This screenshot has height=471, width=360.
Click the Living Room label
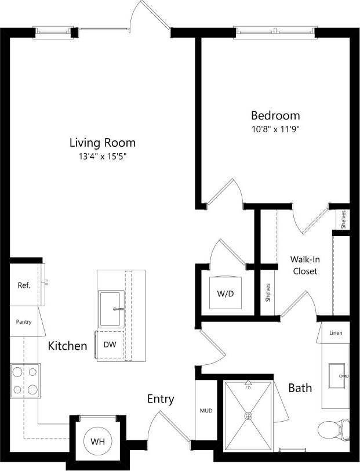tap(103, 142)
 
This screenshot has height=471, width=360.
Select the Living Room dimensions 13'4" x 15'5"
tap(102, 157)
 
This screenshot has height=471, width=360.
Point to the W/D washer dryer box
tap(225, 293)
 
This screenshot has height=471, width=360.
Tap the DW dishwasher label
tap(110, 344)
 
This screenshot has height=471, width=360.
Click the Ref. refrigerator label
tap(24, 285)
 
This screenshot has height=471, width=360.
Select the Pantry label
tap(24, 322)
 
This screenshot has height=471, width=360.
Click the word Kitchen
tap(67, 346)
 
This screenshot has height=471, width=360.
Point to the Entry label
tap(161, 399)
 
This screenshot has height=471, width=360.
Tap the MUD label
tap(206, 411)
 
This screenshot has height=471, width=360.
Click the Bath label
tap(300, 387)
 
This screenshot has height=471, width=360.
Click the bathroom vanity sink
tap(336, 376)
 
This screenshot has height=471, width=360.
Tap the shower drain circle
tap(249, 415)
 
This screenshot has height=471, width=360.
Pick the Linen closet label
tap(336, 333)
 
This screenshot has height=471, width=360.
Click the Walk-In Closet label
tap(305, 266)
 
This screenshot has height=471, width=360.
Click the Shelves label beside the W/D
tap(268, 292)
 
